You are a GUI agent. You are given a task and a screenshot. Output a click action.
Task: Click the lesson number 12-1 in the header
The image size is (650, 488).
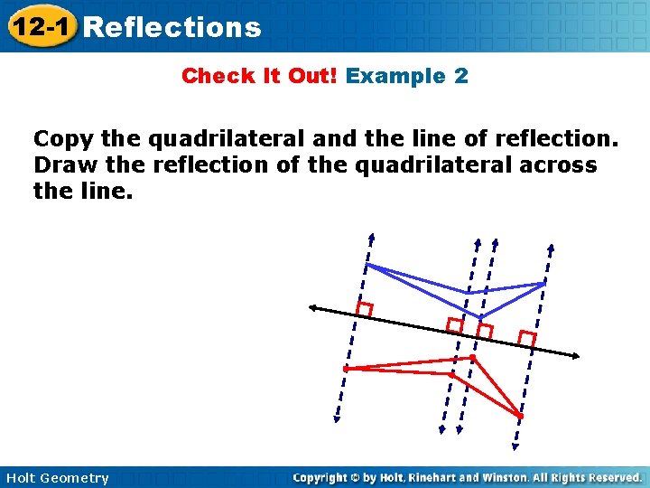pyautogui.click(x=39, y=26)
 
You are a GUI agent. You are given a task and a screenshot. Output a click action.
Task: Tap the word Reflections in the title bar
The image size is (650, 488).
pyautogui.click(x=171, y=27)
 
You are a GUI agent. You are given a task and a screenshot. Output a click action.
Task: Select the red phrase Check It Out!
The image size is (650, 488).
pyautogui.click(x=259, y=76)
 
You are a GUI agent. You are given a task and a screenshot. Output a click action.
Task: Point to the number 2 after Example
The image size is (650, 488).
pyautogui.click(x=461, y=76)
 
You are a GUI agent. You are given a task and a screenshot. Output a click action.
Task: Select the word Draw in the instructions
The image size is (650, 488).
pyautogui.click(x=61, y=165)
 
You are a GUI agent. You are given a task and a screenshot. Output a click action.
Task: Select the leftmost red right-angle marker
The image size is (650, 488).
pyautogui.click(x=364, y=309)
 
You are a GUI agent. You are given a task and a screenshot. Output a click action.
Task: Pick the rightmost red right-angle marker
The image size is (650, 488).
pyautogui.click(x=527, y=339)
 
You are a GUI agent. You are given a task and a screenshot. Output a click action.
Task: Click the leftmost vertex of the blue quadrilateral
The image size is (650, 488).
pyautogui.click(x=367, y=265)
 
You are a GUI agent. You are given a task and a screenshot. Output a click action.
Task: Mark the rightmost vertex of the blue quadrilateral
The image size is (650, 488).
pyautogui.click(x=543, y=284)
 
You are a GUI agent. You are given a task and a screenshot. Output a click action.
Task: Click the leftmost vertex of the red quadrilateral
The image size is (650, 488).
pyautogui.click(x=346, y=369)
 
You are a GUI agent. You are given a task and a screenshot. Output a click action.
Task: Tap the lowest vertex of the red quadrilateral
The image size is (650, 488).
pyautogui.click(x=519, y=417)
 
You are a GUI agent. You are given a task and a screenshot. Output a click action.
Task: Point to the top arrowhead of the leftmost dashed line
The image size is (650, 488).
pyautogui.click(x=371, y=238)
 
